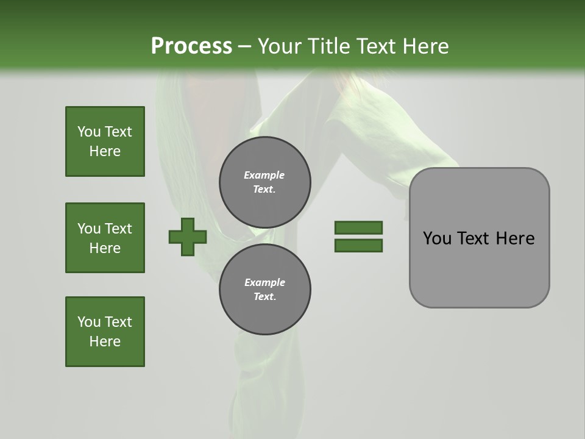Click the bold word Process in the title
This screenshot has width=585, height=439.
191,46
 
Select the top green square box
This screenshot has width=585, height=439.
105,141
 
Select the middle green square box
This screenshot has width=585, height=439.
105,238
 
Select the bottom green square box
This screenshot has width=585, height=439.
105,332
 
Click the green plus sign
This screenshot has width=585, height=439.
188,237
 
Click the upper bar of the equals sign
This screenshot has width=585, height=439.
358,227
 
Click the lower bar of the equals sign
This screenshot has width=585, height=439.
358,245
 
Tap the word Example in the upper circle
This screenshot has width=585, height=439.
264,175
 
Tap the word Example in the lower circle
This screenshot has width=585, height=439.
264,282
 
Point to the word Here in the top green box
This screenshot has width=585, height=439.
105,151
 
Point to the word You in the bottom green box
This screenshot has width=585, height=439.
89,322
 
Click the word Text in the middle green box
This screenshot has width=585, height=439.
118,229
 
